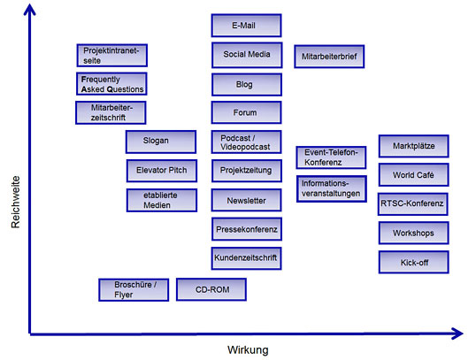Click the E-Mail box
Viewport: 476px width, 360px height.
(x=246, y=25)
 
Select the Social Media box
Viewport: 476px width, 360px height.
(x=247, y=55)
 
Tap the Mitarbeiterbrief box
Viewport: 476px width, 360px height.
(x=329, y=57)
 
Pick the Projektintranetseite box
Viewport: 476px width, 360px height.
(x=112, y=55)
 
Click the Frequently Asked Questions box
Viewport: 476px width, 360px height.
(x=111, y=84)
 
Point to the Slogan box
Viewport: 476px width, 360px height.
(x=161, y=142)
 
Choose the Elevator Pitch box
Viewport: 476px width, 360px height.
(x=162, y=171)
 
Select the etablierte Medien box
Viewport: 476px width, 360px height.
(x=162, y=200)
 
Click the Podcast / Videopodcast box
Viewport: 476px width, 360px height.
(x=247, y=142)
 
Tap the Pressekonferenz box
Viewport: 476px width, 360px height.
(x=247, y=229)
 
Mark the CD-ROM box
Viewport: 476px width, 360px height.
(x=211, y=289)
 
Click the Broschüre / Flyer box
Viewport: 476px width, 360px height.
(x=134, y=289)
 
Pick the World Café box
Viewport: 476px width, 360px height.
(x=413, y=174)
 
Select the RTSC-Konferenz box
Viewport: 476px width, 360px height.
(x=413, y=204)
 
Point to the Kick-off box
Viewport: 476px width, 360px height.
(x=413, y=262)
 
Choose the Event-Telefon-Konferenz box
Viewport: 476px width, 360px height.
(x=331, y=157)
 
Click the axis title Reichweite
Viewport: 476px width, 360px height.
(x=15, y=202)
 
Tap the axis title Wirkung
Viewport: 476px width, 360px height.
(x=248, y=350)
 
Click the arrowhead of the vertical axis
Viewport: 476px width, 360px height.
(x=29, y=9)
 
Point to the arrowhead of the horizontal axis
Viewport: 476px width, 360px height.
(x=457, y=333)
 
